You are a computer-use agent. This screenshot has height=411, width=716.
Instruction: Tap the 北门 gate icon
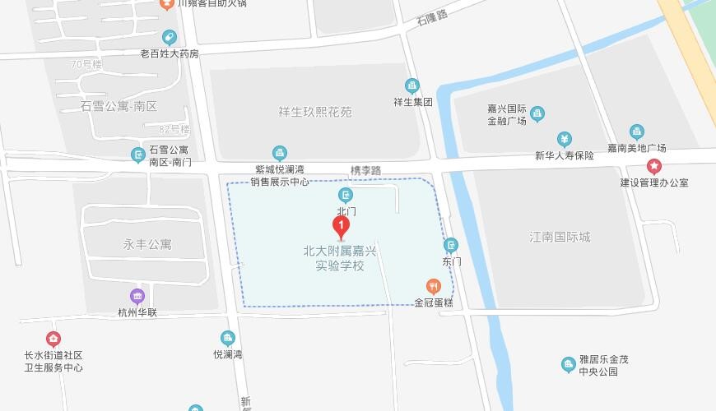pos(346,195)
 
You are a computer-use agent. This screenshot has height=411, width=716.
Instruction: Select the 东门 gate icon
pos(451,245)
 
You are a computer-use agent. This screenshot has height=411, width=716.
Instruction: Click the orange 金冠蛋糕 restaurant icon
pos(434,286)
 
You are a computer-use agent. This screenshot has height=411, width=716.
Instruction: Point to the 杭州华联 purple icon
pos(137,296)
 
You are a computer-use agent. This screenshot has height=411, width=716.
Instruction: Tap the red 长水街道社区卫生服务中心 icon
pos(53,338)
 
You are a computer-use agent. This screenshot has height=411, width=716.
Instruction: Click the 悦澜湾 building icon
pos(228,338)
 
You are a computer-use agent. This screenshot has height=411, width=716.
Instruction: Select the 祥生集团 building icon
pos(412,85)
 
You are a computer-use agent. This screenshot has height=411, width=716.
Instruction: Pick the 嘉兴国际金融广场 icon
pos(537,113)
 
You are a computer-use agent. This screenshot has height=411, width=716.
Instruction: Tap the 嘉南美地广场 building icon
pos(636,132)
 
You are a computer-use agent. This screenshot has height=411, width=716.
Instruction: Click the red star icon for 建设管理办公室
pos(654,166)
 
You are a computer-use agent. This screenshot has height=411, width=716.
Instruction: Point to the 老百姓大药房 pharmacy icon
pos(170,37)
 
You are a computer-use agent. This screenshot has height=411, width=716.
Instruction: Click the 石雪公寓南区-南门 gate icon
pos(137,154)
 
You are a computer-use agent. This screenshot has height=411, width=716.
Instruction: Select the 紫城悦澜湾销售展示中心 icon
pos(280,152)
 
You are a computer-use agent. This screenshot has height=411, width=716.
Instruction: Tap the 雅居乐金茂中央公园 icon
pos(568,364)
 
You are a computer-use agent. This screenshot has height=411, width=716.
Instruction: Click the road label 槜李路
pos(365,170)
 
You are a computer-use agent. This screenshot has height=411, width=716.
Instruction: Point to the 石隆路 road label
pos(431,16)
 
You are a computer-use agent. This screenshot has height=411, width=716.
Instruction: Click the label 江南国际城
pos(560,238)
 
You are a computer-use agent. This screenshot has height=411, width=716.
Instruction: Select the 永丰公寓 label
pos(148,244)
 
